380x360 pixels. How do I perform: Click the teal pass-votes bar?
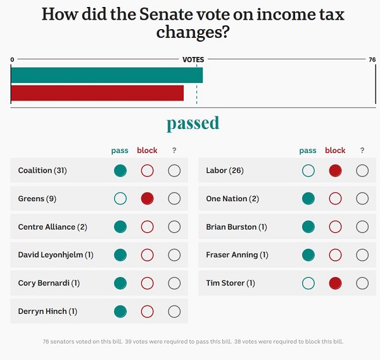(x=106, y=75)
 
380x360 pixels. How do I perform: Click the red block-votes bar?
(x=97, y=93)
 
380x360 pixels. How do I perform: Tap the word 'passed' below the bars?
(x=193, y=123)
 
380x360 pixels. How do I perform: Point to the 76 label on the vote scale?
(x=372, y=59)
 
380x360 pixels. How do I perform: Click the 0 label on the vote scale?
(x=12, y=59)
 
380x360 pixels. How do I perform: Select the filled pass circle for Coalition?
(x=120, y=170)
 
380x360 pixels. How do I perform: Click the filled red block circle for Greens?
(x=147, y=199)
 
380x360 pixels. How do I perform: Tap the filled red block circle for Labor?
(x=335, y=170)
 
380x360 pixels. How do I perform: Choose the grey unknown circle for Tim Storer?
(x=362, y=283)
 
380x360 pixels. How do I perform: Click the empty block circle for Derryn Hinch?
(x=147, y=311)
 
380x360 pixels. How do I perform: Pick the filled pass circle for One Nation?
(x=308, y=199)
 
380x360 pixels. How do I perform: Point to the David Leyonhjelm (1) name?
(x=56, y=255)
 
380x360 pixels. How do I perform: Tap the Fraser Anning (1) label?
(x=237, y=255)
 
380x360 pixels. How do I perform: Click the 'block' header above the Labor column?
(x=335, y=151)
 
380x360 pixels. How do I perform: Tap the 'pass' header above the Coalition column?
(x=120, y=151)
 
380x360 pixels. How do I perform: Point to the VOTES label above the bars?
(x=193, y=59)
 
